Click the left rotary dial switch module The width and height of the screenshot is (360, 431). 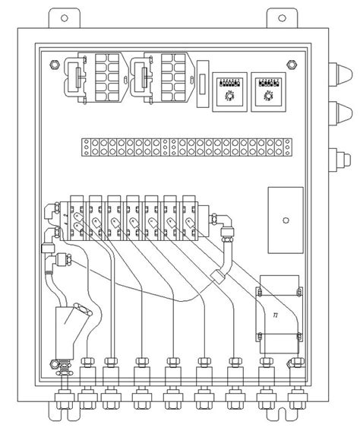click(x=226, y=92)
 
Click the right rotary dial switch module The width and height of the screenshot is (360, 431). click(x=267, y=92)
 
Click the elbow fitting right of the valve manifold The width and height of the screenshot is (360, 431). click(x=227, y=231)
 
